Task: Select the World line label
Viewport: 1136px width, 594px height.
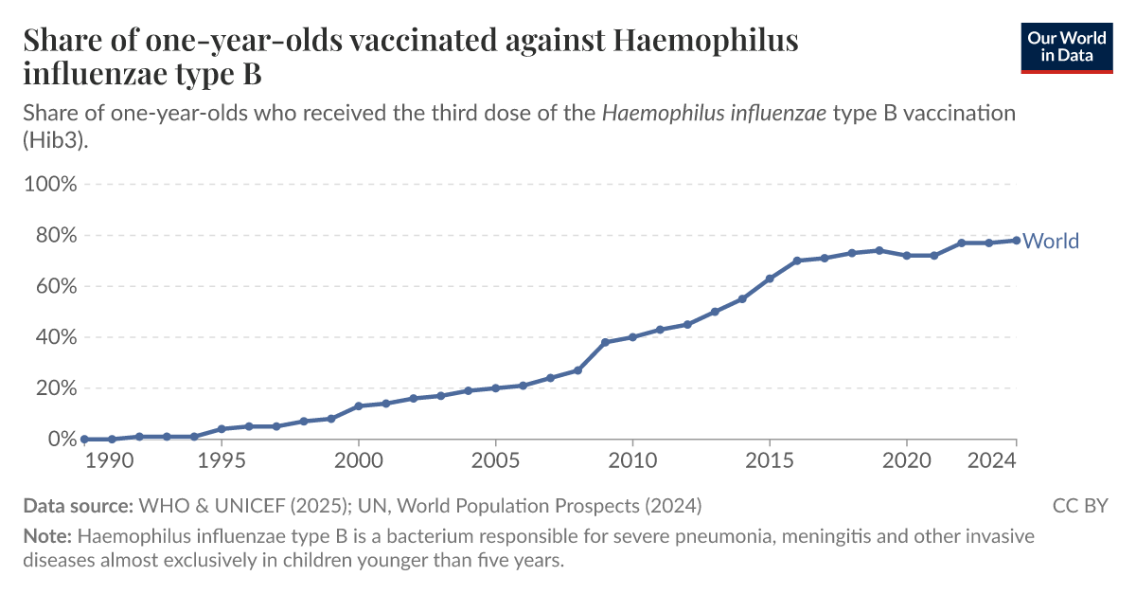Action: click(1051, 242)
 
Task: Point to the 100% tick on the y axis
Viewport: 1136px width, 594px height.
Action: click(49, 184)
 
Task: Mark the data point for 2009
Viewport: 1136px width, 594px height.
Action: click(605, 342)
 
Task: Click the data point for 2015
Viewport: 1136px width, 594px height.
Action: click(770, 279)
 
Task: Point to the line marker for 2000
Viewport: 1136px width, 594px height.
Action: click(359, 406)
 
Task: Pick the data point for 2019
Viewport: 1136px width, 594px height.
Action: click(879, 250)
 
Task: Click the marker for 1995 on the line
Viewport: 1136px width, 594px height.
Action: click(222, 429)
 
